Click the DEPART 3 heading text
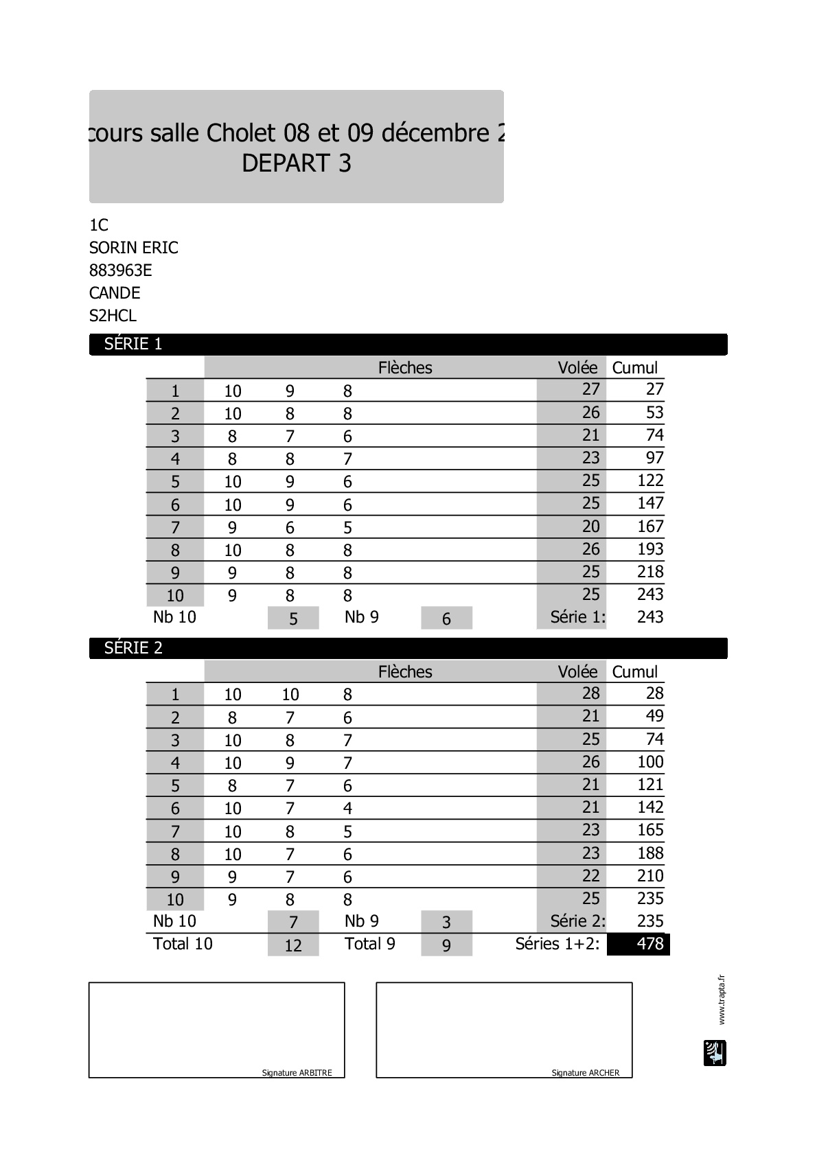[297, 163]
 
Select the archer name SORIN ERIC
[134, 248]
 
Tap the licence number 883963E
[121, 270]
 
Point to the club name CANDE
[115, 293]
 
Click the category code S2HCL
[113, 316]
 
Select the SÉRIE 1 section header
[133, 344]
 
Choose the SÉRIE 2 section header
[133, 648]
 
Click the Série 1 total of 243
[649, 617]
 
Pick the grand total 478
[649, 944]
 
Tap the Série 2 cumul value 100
[649, 762]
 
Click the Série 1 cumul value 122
[649, 481]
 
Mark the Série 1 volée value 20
[590, 527]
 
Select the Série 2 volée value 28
[590, 693]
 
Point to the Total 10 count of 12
[293, 945]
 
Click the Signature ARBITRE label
[297, 1073]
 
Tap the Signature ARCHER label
[585, 1073]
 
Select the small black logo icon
[715, 1053]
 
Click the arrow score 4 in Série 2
[347, 809]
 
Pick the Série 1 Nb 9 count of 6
[446, 619]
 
